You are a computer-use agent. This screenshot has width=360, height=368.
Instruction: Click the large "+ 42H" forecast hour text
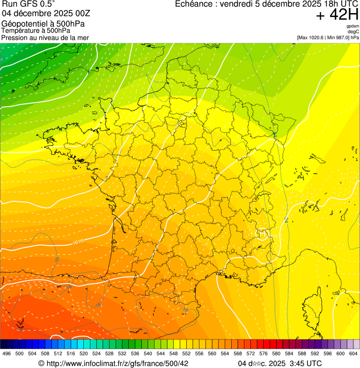pos(337,15)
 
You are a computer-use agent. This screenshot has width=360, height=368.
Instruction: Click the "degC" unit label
pos(353,32)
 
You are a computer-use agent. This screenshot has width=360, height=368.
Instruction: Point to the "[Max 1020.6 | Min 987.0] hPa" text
pos(328,37)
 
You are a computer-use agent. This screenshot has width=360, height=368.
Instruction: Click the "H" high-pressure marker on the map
pos(262,233)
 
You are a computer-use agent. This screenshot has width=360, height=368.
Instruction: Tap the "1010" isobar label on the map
pos(78,242)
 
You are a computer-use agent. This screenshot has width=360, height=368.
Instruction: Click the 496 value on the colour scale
pos(7,354)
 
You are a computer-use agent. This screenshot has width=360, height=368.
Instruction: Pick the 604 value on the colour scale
pos(353,354)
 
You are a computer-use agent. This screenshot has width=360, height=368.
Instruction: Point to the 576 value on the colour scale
pos(263,354)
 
